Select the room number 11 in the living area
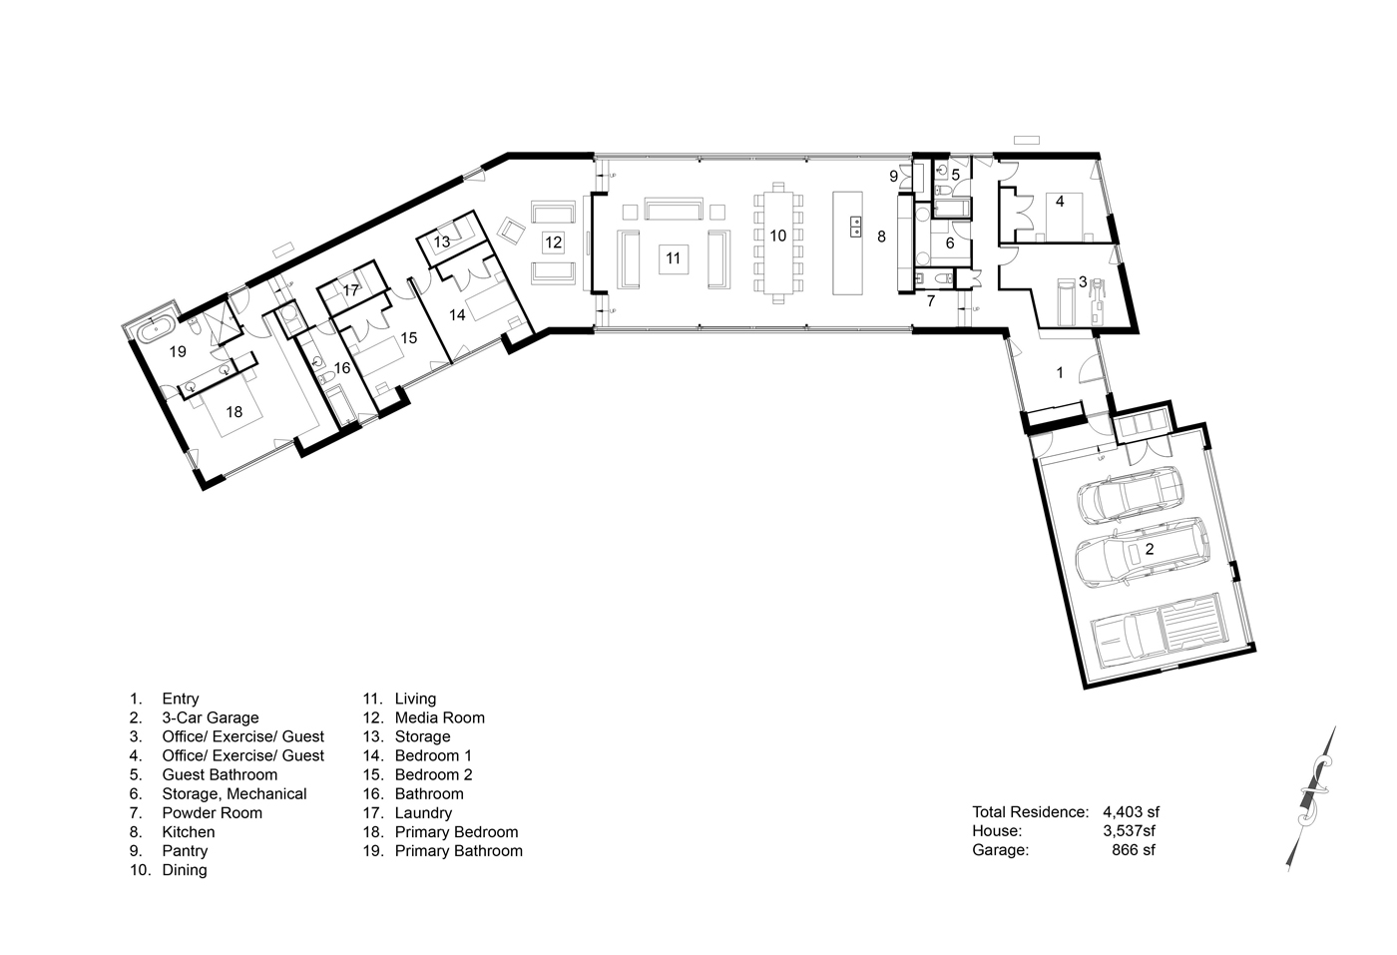pyautogui.click(x=673, y=258)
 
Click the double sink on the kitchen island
pyautogui.click(x=856, y=227)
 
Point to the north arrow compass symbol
pyautogui.click(x=1312, y=798)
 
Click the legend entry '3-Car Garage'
pyautogui.click(x=211, y=717)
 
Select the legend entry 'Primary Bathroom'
pyautogui.click(x=458, y=851)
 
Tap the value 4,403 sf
pyautogui.click(x=1132, y=812)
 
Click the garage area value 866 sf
pyautogui.click(x=1134, y=850)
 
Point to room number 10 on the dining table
pyautogui.click(x=777, y=236)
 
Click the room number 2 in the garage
pyautogui.click(x=1150, y=549)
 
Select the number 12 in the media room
pyautogui.click(x=553, y=242)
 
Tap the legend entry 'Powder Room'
pyautogui.click(x=212, y=812)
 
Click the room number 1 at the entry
pyautogui.click(x=1060, y=373)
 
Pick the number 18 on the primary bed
pyautogui.click(x=233, y=412)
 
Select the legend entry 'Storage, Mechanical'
pyautogui.click(x=234, y=794)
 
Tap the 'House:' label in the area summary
pyautogui.click(x=997, y=831)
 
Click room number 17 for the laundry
pyautogui.click(x=351, y=290)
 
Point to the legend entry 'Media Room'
pyautogui.click(x=440, y=717)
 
